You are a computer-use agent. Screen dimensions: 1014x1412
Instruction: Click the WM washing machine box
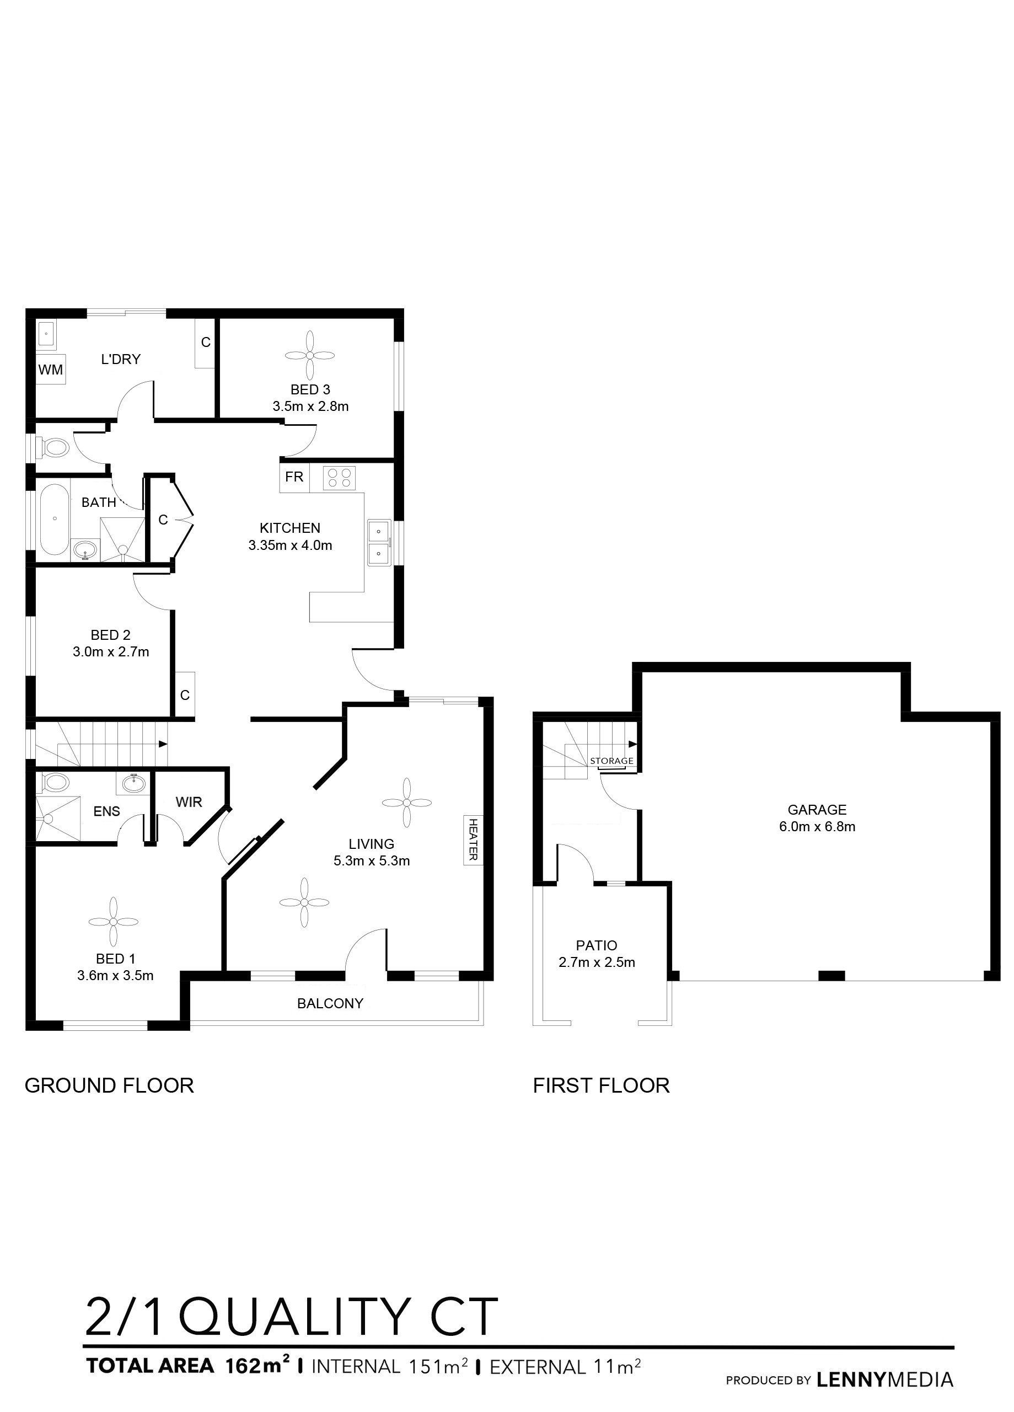point(50,370)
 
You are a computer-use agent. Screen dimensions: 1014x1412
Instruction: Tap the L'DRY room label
point(121,359)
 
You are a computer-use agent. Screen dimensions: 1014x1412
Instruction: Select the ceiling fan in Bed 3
point(310,355)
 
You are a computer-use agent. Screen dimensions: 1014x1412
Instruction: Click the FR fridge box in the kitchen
point(294,477)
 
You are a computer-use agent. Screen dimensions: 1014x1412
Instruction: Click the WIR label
point(189,802)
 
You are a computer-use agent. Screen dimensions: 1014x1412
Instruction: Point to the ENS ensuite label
point(106,811)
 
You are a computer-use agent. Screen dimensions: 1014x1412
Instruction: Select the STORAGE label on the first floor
point(612,761)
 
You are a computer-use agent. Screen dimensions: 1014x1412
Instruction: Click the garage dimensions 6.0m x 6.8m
point(817,827)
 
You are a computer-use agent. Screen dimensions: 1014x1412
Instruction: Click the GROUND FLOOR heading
point(109,1085)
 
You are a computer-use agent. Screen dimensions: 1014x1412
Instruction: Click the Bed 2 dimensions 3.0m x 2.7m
point(111,652)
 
